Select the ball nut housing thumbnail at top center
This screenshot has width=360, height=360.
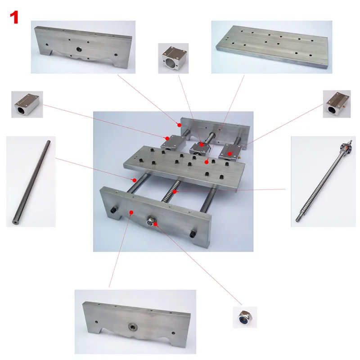click(x=173, y=58)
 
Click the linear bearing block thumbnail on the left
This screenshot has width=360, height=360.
click(x=27, y=104)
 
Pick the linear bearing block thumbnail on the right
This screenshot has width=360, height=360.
click(x=337, y=104)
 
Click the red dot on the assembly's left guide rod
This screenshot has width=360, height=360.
click(x=134, y=180)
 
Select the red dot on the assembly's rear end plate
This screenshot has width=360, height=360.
click(x=178, y=121)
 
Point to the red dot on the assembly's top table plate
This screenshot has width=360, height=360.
click(x=207, y=161)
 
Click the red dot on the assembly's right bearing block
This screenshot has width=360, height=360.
click(x=230, y=154)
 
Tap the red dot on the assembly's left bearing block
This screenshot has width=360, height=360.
click(x=167, y=138)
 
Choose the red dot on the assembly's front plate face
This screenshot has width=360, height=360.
click(x=130, y=211)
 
